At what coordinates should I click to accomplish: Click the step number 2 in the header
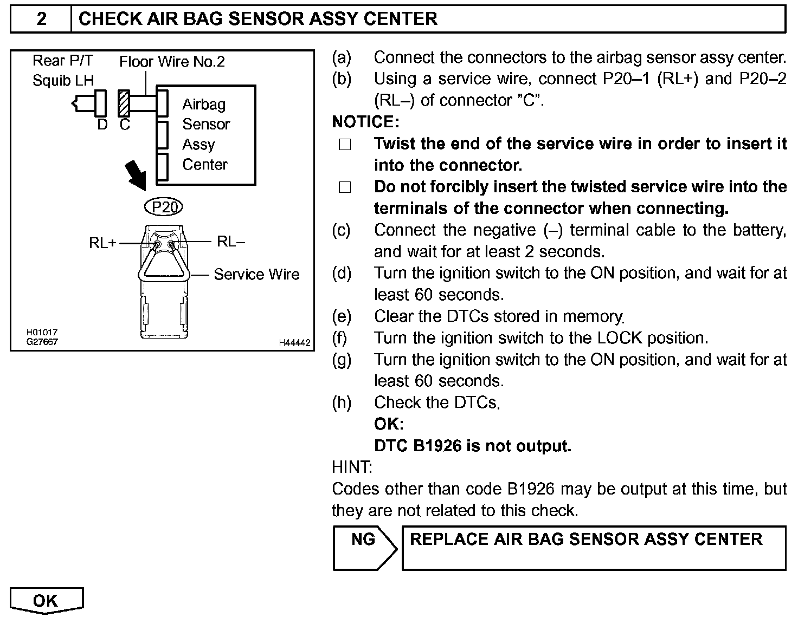[x=41, y=19]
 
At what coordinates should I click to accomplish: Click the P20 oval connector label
[x=164, y=207]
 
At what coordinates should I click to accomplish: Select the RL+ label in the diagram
[x=102, y=244]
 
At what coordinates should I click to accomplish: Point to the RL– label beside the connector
[x=230, y=242]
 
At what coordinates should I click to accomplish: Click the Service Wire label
[x=256, y=275]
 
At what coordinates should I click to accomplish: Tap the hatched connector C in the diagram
[x=124, y=103]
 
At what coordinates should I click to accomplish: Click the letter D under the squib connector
[x=102, y=125]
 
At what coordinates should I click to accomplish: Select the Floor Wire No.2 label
[x=172, y=62]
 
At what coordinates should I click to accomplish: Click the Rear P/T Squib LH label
[x=63, y=71]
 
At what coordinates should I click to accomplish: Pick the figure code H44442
[x=294, y=343]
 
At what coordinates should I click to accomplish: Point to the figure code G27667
[x=42, y=342]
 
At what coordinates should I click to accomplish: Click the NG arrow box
[x=364, y=548]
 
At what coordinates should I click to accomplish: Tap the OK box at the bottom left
[x=46, y=601]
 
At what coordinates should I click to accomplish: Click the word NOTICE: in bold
[x=365, y=122]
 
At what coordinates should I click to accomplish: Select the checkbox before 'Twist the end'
[x=345, y=145]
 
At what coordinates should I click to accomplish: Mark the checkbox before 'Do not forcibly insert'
[x=345, y=187]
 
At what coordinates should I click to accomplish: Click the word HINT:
[x=352, y=467]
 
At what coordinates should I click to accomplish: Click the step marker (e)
[x=342, y=316]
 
